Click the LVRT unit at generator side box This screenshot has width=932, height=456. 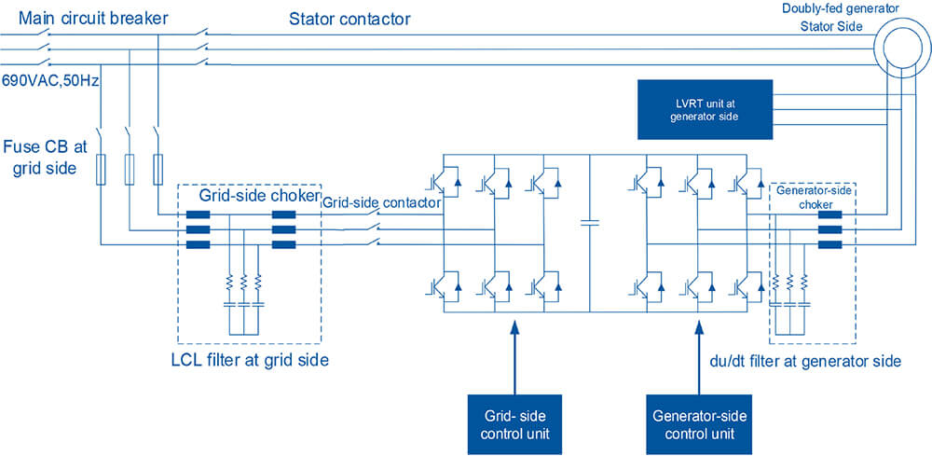(705, 108)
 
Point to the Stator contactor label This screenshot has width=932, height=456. (349, 19)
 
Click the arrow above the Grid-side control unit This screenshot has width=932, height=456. (513, 354)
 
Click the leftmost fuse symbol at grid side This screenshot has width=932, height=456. (99, 168)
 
